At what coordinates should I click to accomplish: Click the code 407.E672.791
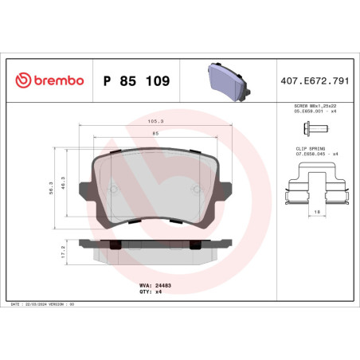click(311, 82)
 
